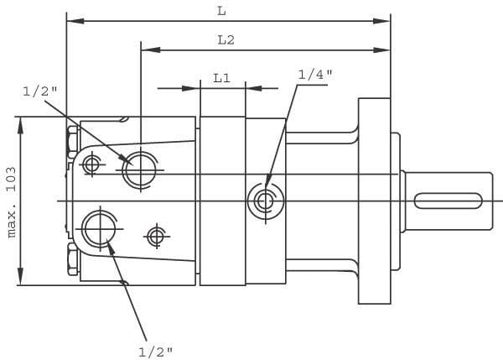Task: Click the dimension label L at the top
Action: tap(220, 10)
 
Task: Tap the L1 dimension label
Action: tap(222, 77)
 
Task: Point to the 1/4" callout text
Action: tap(314, 75)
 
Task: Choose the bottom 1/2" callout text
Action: tap(155, 350)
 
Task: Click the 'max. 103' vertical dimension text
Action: tap(12, 201)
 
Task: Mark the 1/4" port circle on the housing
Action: tap(265, 201)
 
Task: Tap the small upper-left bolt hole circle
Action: tap(91, 164)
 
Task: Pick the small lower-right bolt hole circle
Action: tap(155, 237)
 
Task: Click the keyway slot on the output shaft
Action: tap(451, 201)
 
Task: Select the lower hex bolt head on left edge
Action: tap(73, 260)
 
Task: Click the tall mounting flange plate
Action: tap(375, 201)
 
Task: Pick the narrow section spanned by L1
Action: tap(222, 201)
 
